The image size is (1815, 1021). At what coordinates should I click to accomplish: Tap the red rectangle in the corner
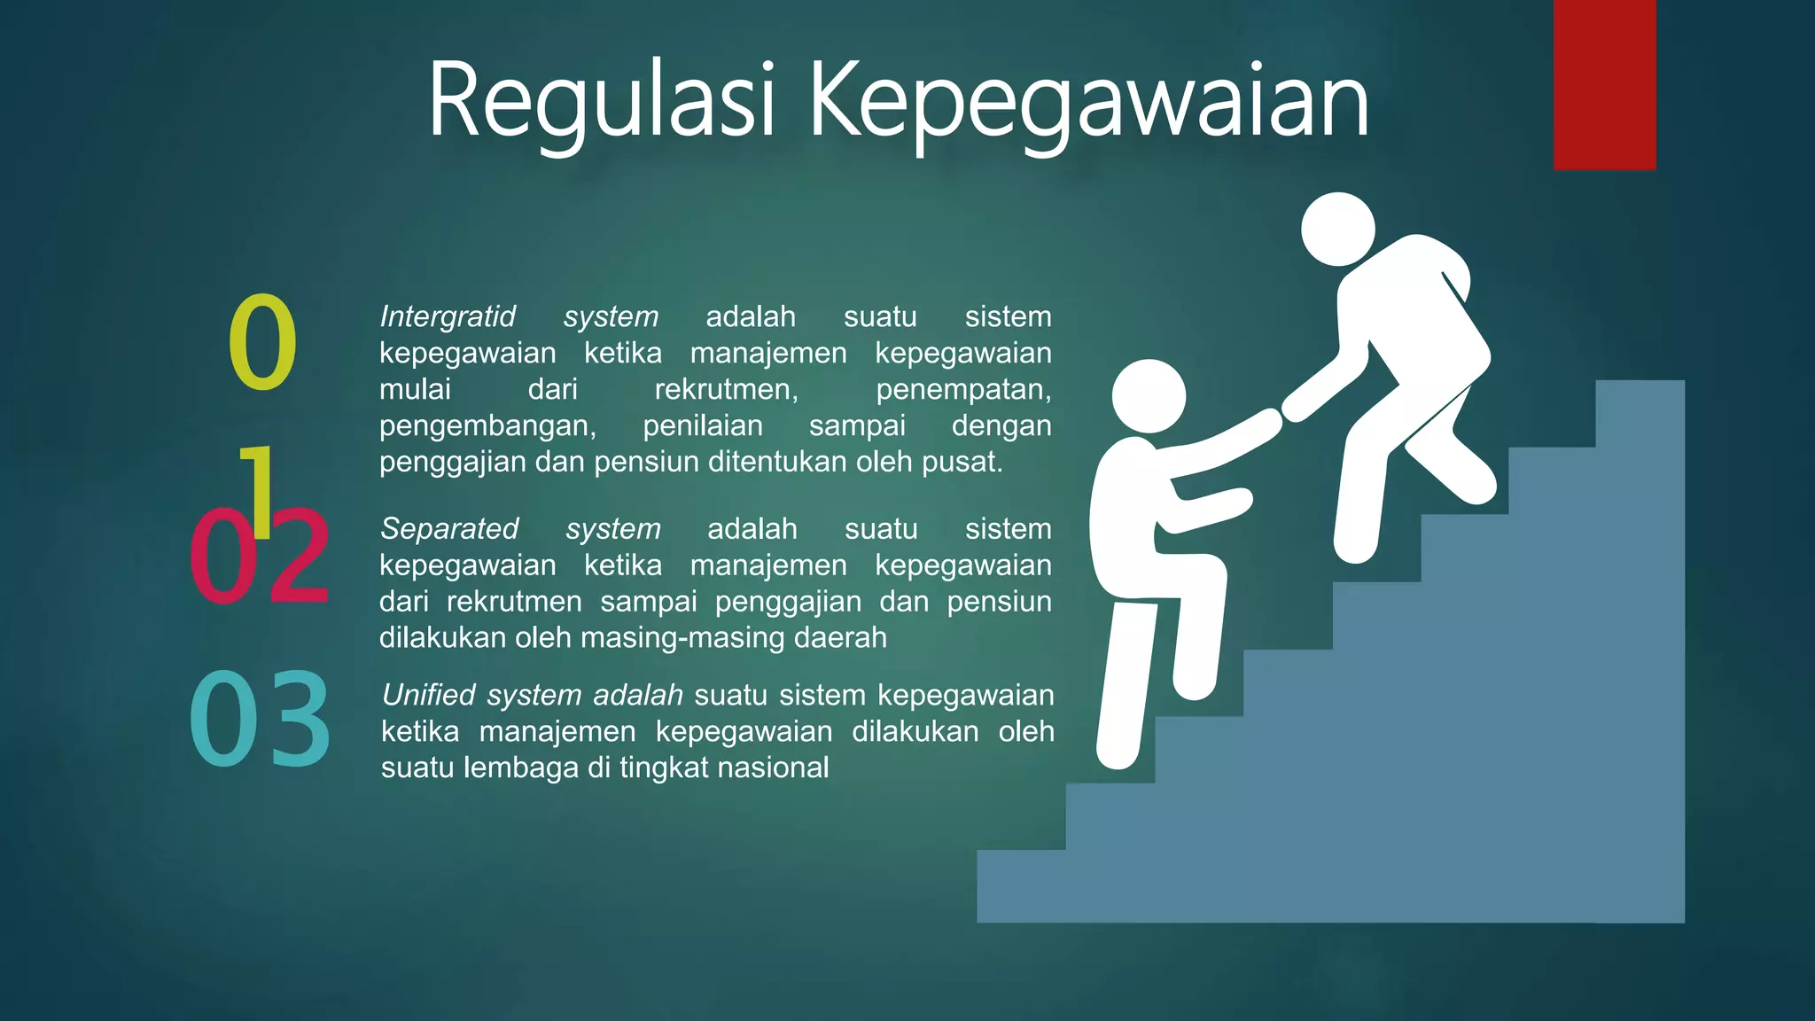tap(1604, 84)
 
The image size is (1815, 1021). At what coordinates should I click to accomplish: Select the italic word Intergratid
tap(448, 316)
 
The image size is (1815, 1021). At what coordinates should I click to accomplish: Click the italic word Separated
tap(449, 528)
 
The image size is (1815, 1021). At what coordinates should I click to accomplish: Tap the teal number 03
tap(260, 719)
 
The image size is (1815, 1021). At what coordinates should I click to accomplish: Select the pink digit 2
tap(299, 556)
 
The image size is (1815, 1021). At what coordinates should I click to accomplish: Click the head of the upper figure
tap(1337, 229)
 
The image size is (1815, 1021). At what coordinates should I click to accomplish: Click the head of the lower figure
tap(1149, 395)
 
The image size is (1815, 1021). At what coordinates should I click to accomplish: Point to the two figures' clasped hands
tap(1281, 415)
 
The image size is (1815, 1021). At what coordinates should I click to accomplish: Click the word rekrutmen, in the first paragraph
tap(726, 389)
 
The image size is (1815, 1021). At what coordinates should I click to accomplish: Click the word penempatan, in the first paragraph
tap(963, 389)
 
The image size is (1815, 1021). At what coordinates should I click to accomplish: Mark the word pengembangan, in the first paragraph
tap(487, 425)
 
